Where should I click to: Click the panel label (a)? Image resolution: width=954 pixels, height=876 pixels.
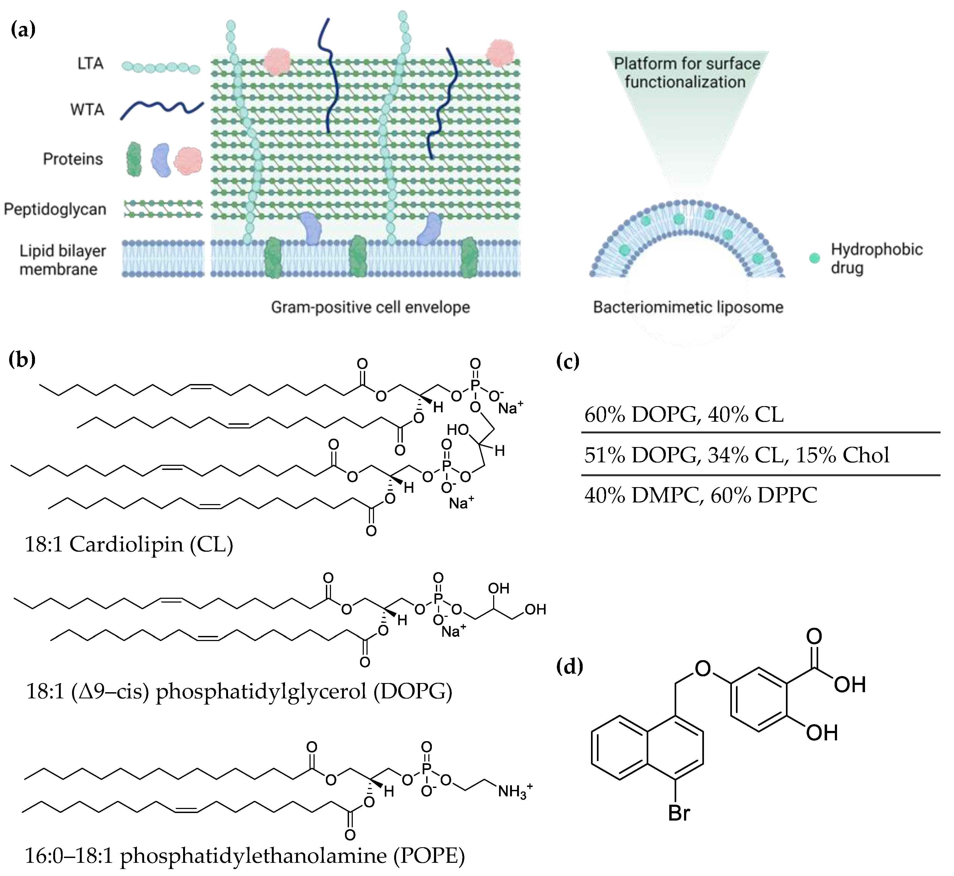click(23, 29)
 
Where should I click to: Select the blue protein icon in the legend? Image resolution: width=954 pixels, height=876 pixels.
click(161, 160)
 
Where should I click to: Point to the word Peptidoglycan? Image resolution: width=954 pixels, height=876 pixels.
click(55, 209)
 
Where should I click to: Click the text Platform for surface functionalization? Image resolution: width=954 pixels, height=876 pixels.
click(686, 72)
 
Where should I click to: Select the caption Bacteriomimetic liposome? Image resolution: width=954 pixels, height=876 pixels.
click(688, 307)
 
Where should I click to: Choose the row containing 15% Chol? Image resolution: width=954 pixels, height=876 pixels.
click(736, 455)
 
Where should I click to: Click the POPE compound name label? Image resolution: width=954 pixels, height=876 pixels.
click(244, 855)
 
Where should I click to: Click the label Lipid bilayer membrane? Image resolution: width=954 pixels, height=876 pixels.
click(63, 260)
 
